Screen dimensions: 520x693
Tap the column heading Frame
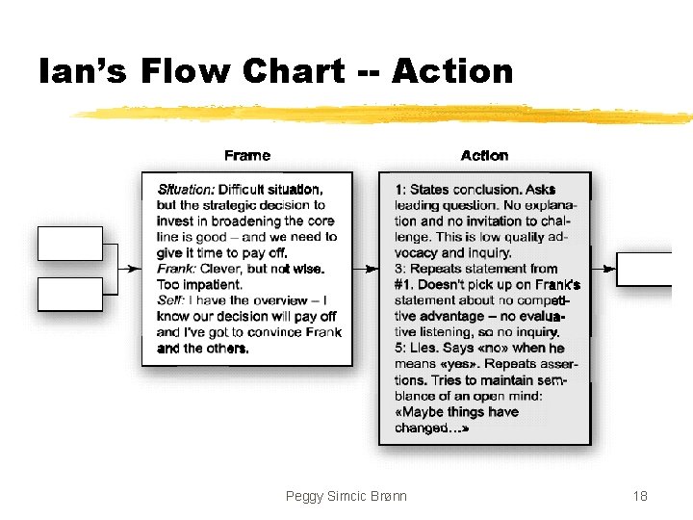point(247,155)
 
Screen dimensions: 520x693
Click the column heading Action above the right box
point(484,155)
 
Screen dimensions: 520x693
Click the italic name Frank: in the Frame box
point(176,269)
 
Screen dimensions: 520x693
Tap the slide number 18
point(640,496)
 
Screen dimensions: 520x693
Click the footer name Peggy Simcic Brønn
point(346,496)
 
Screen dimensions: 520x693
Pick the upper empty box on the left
point(69,244)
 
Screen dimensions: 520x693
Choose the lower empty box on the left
point(69,294)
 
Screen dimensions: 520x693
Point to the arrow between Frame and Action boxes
point(367,269)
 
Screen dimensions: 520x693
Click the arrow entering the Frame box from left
point(133,269)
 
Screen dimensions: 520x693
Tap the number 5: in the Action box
point(399,348)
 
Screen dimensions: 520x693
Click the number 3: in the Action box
point(399,269)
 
